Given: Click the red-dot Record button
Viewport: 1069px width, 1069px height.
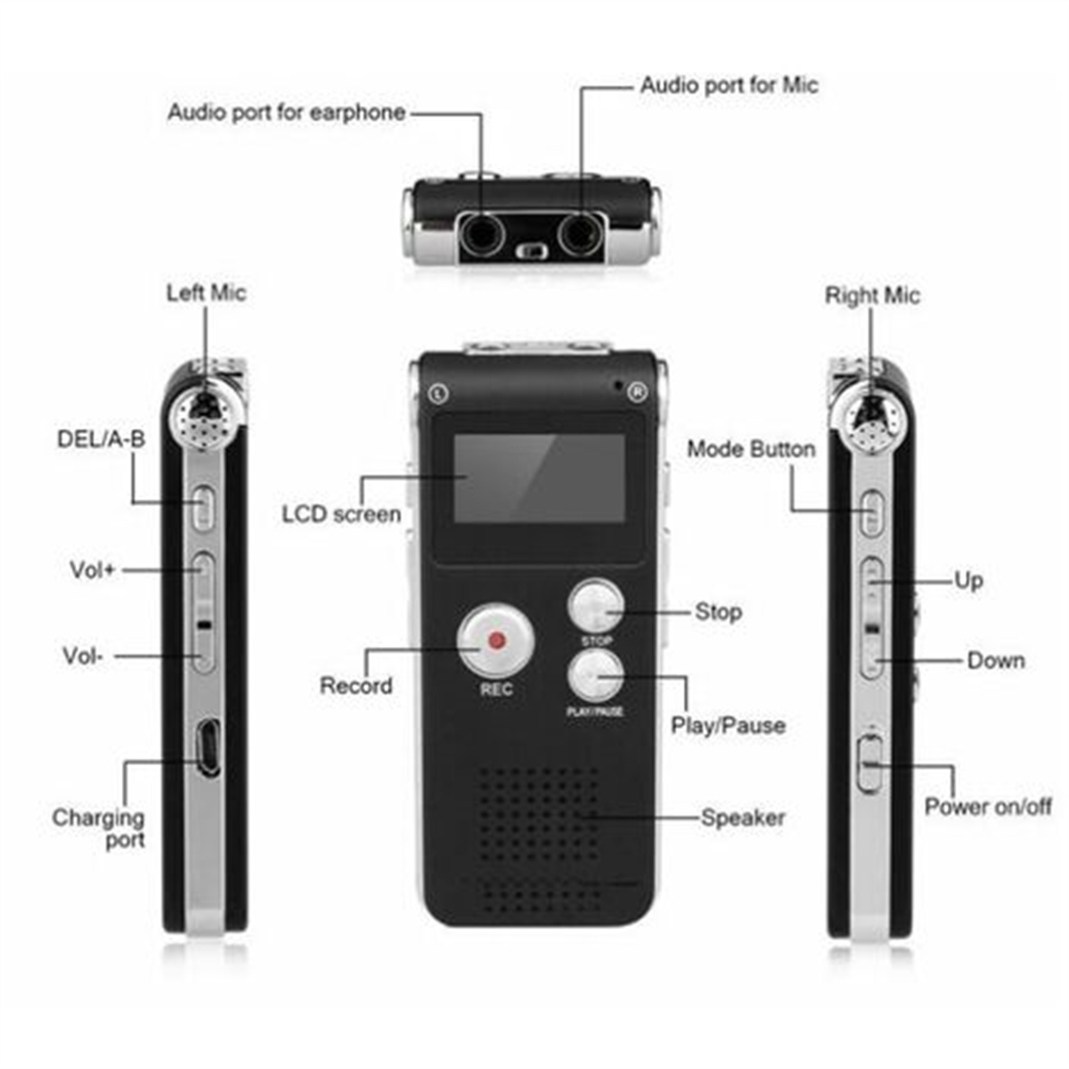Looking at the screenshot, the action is point(495,641).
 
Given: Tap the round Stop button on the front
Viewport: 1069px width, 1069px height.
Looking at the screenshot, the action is point(596,607).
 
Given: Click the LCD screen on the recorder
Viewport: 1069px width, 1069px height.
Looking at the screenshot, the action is point(540,477).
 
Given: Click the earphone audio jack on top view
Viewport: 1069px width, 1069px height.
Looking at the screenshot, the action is point(483,234).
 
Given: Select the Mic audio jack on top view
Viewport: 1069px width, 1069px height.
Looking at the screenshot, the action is point(580,234).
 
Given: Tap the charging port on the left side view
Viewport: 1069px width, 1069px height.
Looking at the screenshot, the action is point(209,747).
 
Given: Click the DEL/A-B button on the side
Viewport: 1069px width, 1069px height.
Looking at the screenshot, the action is point(203,508).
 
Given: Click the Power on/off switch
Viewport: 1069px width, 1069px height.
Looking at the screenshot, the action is point(869,763).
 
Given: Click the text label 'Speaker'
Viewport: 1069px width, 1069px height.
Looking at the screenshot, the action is point(743,818).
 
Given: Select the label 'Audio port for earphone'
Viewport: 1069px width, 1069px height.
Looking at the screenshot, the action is point(287,112).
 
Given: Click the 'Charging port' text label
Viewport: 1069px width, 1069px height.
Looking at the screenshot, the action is point(98,828).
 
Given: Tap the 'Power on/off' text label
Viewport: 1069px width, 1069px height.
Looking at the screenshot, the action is point(987,806).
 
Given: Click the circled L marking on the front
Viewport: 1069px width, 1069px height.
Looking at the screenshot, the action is point(439,394).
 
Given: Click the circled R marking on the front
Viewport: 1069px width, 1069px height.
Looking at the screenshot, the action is point(638,392).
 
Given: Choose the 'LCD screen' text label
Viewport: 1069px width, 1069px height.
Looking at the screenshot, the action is point(341,514).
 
